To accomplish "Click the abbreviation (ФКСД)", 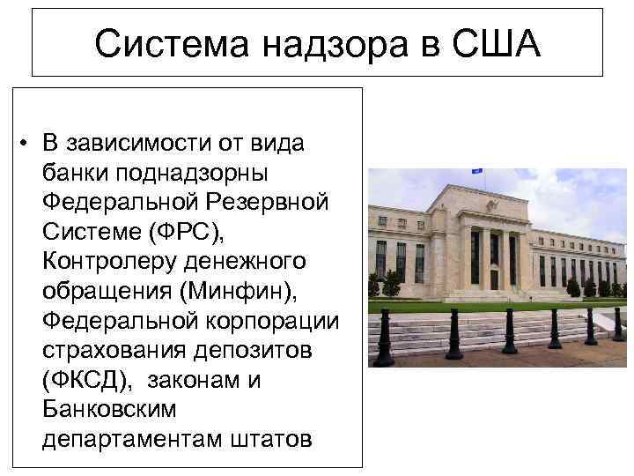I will click(x=87, y=379).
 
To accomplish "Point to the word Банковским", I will click(x=108, y=408).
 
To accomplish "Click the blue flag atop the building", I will click(x=479, y=173).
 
